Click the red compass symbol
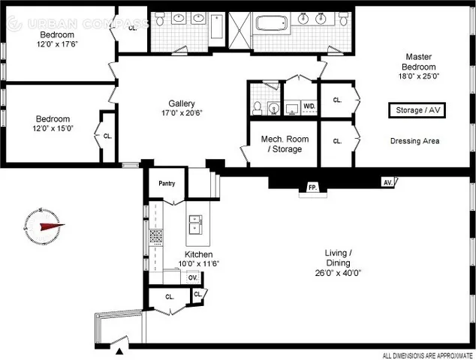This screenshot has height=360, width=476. tap(44, 225)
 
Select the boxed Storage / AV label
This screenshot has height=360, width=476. tap(413, 110)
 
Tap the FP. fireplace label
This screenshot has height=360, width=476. tap(311, 187)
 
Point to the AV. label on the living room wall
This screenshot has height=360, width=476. tap(387, 182)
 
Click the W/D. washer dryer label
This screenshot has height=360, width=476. tap(309, 106)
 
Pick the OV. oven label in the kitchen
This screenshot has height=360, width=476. tap(192, 277)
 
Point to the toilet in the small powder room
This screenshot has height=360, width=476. tap(257, 108)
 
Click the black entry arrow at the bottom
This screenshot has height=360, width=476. tap(120, 350)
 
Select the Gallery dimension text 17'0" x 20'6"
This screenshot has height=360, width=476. tap(182, 113)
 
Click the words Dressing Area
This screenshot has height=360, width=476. tap(414, 140)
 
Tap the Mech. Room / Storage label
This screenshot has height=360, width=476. tap(281, 144)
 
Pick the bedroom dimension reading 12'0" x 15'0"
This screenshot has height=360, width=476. tap(53, 128)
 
